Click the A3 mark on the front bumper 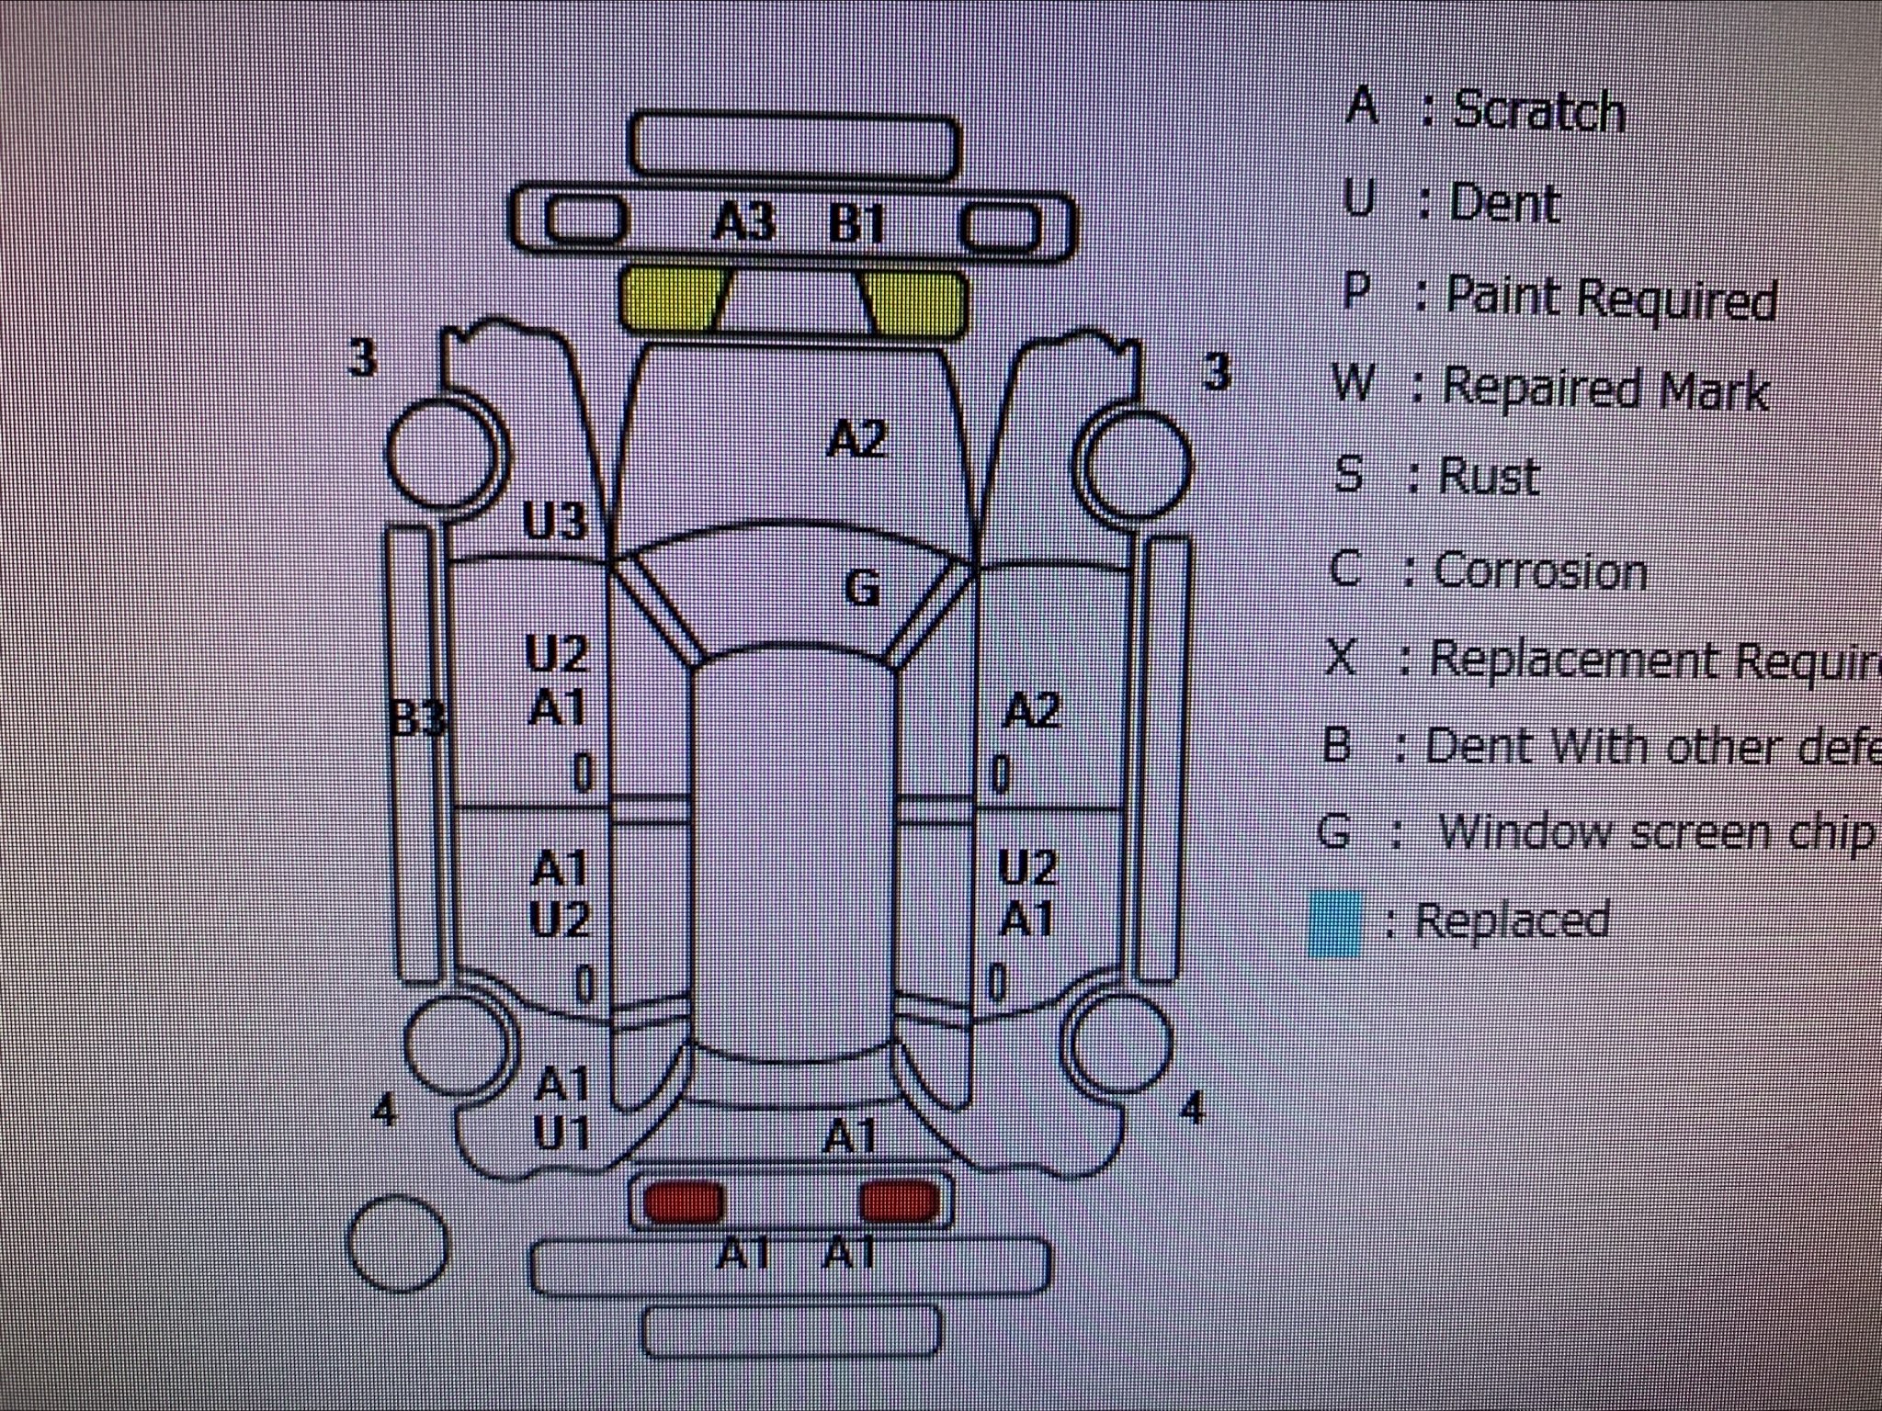744,222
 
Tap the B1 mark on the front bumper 856,224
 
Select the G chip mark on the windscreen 861,588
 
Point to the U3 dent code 554,522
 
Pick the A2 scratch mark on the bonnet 856,439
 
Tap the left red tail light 684,1202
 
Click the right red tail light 900,1202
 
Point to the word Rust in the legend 1489,477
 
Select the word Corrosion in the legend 1540,571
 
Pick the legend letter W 1352,383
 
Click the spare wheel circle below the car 398,1244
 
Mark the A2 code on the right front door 1031,710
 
